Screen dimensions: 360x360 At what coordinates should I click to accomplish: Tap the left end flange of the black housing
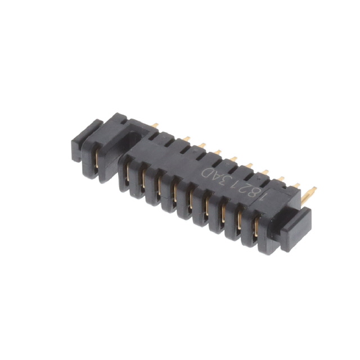tap(90, 149)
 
